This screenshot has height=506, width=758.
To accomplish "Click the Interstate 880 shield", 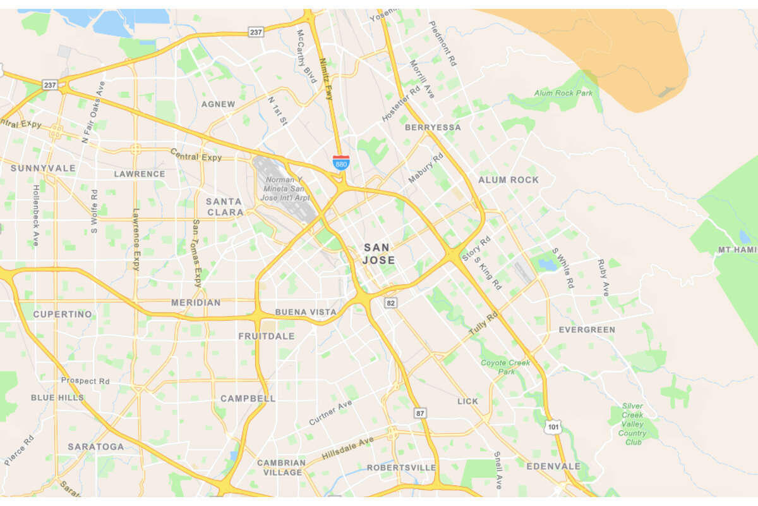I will (x=341, y=163).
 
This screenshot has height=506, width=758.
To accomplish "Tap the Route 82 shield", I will (x=392, y=304).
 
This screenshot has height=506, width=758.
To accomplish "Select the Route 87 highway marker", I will (x=421, y=413).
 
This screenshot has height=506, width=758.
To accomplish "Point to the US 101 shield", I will (x=553, y=428).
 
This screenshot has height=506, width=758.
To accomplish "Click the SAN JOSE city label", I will (x=379, y=254).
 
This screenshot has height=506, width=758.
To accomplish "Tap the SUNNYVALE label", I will (x=43, y=168).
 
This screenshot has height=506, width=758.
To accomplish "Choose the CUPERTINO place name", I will (x=63, y=314).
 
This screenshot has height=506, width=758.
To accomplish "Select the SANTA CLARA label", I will (x=224, y=207).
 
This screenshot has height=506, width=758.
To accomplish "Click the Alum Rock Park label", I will (x=563, y=93).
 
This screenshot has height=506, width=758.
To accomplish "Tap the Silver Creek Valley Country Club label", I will (x=632, y=419).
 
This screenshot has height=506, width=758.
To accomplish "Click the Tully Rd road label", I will (x=483, y=323).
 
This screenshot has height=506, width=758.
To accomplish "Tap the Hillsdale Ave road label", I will (x=347, y=448).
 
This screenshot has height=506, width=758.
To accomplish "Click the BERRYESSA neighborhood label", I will (x=433, y=127).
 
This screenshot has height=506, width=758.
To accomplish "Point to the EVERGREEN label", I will (x=587, y=330).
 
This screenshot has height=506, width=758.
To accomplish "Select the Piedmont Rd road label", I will (x=443, y=44).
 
